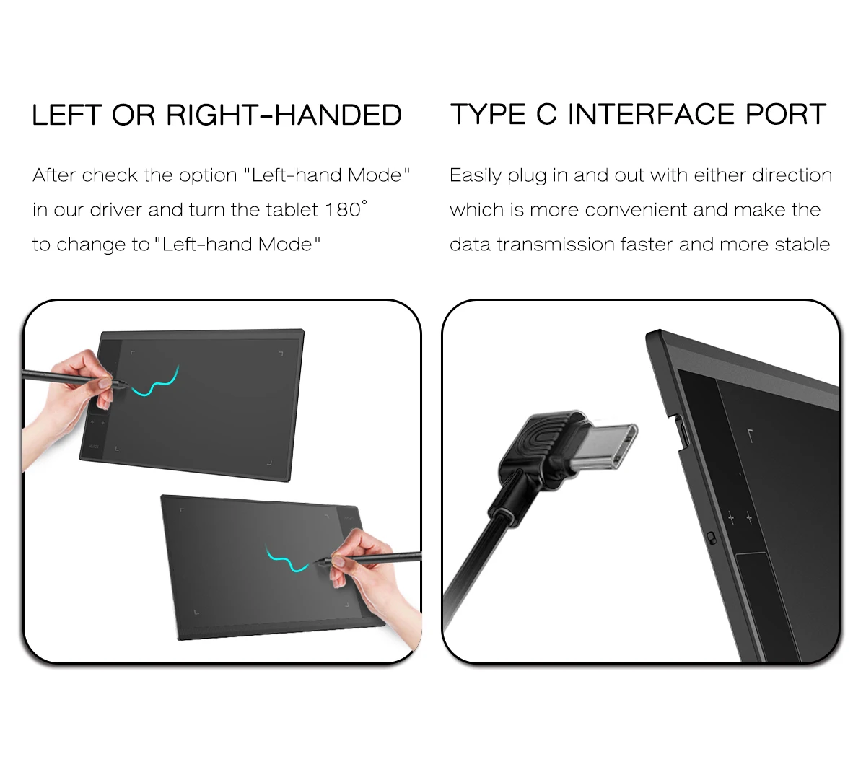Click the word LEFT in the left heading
[66, 115]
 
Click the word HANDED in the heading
[338, 115]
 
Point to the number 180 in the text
[343, 210]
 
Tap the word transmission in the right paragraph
[555, 245]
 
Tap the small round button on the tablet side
[712, 538]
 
